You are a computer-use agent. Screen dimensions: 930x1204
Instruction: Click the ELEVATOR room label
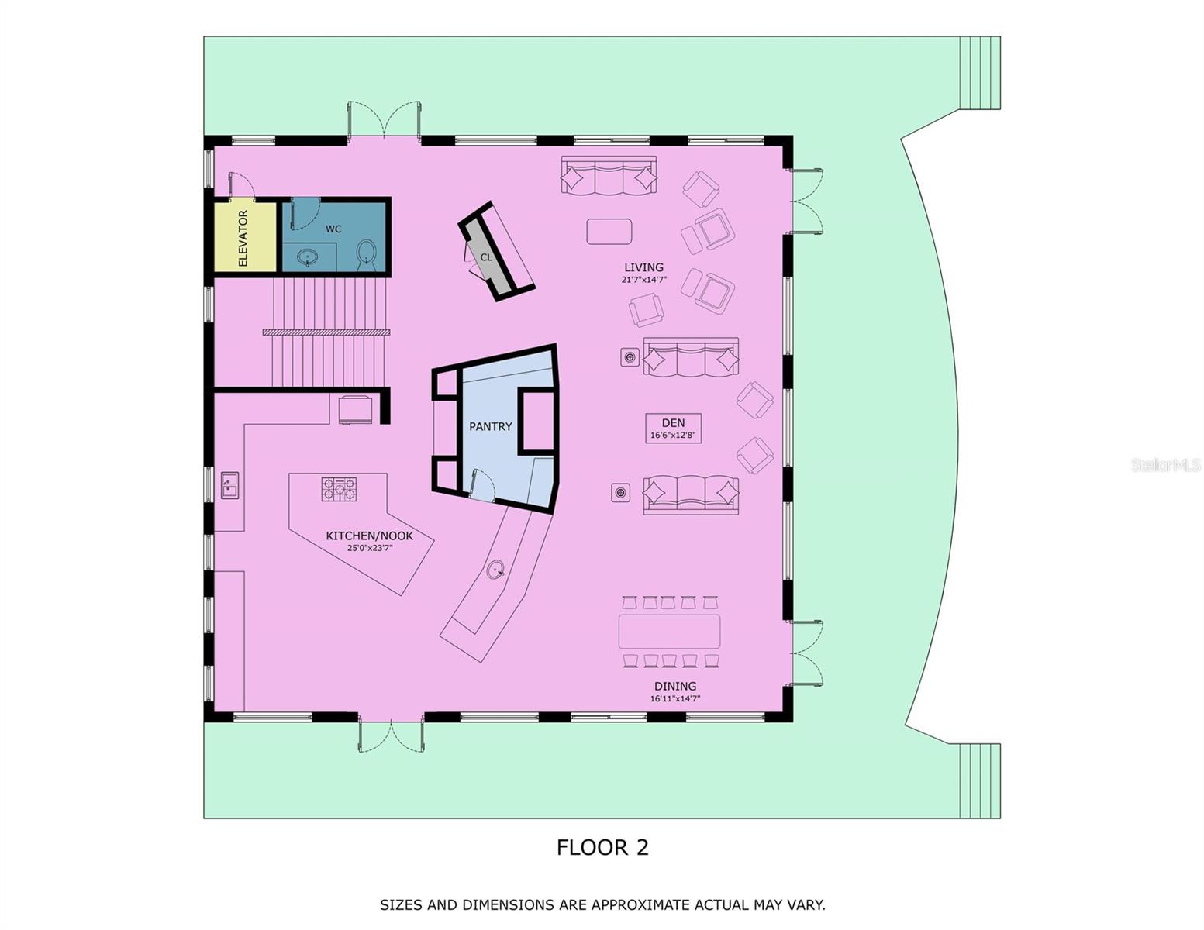tap(243, 238)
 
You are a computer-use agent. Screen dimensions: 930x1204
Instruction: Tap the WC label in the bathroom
tap(333, 229)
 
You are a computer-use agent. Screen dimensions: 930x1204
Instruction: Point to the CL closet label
tap(486, 257)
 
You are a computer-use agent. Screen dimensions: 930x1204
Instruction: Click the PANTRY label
tap(490, 426)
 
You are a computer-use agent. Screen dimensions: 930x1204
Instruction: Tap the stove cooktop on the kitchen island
tap(340, 489)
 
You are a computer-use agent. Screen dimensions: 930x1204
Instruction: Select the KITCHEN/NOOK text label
tap(369, 536)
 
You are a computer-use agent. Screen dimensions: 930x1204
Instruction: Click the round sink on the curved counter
tap(496, 570)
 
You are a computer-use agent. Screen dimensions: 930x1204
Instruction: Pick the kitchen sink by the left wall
tap(229, 485)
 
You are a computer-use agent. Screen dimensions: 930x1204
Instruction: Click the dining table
tap(669, 631)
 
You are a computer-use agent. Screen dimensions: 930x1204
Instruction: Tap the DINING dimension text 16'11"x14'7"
tap(674, 699)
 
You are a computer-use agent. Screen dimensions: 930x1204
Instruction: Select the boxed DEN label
tap(673, 428)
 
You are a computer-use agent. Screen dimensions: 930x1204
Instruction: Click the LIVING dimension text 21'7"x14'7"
tap(643, 280)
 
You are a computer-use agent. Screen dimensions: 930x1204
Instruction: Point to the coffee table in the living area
tap(609, 231)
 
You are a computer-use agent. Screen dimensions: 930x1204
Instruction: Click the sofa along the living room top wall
tap(609, 177)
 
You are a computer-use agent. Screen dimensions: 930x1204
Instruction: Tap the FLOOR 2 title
tap(602, 847)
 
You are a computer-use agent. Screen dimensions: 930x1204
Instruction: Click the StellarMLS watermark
tap(1165, 465)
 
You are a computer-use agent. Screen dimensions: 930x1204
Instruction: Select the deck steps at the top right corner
tap(980, 74)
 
